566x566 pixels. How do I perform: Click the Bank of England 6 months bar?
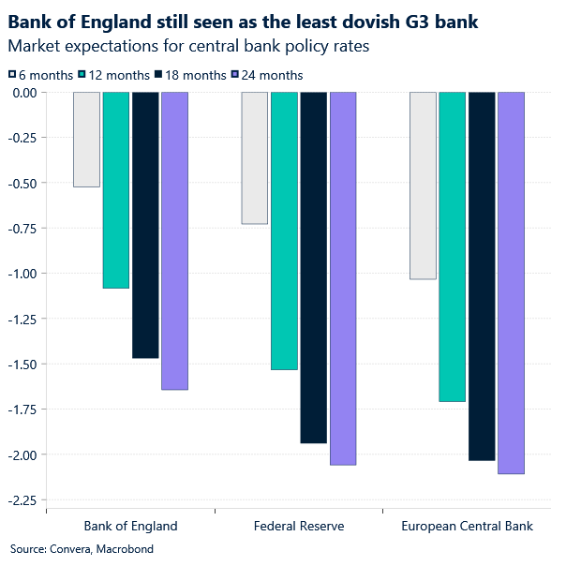pyautogui.click(x=86, y=140)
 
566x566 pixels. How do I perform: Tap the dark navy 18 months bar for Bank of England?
pyautogui.click(x=145, y=225)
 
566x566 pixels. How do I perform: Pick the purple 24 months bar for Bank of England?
pyautogui.click(x=174, y=241)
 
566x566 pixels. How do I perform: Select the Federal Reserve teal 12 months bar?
pyautogui.click(x=284, y=231)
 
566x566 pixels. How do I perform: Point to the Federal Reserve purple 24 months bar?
pyautogui.click(x=342, y=278)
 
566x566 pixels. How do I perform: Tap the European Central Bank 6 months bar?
pyautogui.click(x=423, y=186)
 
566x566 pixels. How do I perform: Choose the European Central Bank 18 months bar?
pyautogui.click(x=482, y=276)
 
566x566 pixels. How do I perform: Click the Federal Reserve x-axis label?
pyautogui.click(x=299, y=526)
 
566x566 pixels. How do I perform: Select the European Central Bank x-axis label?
pyautogui.click(x=467, y=526)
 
